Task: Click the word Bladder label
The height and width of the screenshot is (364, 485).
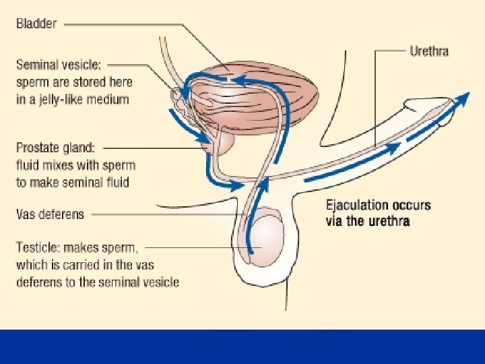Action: [38, 24]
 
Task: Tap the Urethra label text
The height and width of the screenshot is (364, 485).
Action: [428, 51]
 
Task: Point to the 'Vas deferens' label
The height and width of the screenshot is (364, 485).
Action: [50, 214]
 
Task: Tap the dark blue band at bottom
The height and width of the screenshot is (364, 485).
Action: [243, 346]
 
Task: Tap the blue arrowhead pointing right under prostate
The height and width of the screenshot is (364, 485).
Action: [238, 185]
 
